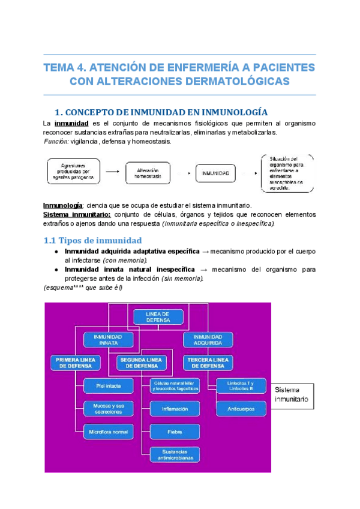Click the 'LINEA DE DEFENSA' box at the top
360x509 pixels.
point(157,316)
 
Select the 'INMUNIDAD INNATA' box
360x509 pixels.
point(108,340)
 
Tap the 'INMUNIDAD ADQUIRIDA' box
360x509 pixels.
point(208,340)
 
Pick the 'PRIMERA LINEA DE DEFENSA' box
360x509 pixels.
point(75,363)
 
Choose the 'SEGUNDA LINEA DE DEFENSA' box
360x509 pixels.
point(142,363)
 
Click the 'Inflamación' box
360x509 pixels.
point(175,409)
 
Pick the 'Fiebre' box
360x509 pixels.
point(175,432)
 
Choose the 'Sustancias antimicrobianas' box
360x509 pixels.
point(175,455)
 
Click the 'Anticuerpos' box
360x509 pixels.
point(241,409)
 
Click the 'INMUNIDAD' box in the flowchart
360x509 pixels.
point(215,173)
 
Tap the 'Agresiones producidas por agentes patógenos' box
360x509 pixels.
point(73,173)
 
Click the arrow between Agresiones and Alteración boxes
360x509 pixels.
point(111,173)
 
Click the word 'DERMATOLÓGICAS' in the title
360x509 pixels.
point(238,80)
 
